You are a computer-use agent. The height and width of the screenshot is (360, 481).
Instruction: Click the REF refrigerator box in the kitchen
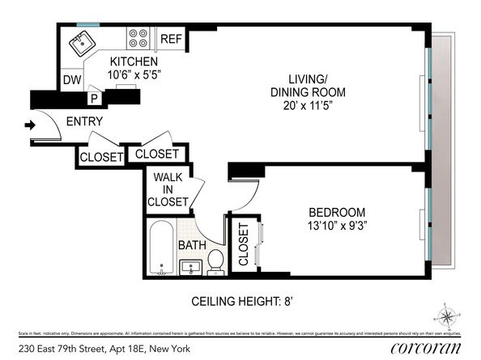[x=171, y=39]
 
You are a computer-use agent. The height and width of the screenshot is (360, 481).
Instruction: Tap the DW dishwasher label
[x=72, y=80]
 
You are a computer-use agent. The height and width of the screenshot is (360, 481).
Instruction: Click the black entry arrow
[x=30, y=125]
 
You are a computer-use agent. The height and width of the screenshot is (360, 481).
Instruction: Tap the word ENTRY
[x=84, y=122]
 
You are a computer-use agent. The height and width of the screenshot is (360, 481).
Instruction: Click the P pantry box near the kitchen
[x=95, y=98]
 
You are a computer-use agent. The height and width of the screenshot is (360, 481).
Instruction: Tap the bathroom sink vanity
[x=192, y=265]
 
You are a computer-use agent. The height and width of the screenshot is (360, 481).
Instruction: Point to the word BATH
[x=193, y=244]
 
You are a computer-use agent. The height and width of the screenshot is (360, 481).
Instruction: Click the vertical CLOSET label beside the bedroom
[x=243, y=245]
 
